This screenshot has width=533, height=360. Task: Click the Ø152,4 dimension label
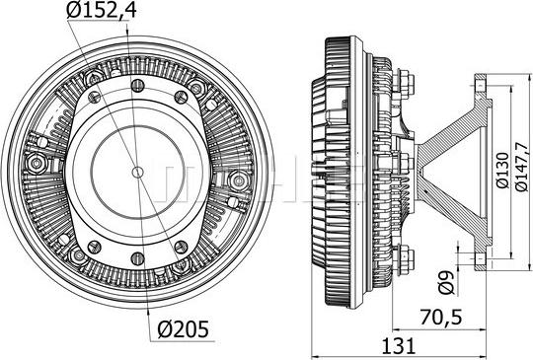point(102,10)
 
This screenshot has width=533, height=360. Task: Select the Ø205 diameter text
point(183,329)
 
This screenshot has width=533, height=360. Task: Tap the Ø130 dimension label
point(502,171)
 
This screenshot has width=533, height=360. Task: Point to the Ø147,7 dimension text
point(521,168)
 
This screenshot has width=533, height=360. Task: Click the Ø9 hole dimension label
point(446,282)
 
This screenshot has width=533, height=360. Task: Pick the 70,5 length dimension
point(441,318)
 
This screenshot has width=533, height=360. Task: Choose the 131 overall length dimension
point(399,346)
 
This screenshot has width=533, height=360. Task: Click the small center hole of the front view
point(137,172)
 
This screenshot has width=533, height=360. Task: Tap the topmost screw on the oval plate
point(137,85)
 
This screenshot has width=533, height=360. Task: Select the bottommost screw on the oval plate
point(137,258)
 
